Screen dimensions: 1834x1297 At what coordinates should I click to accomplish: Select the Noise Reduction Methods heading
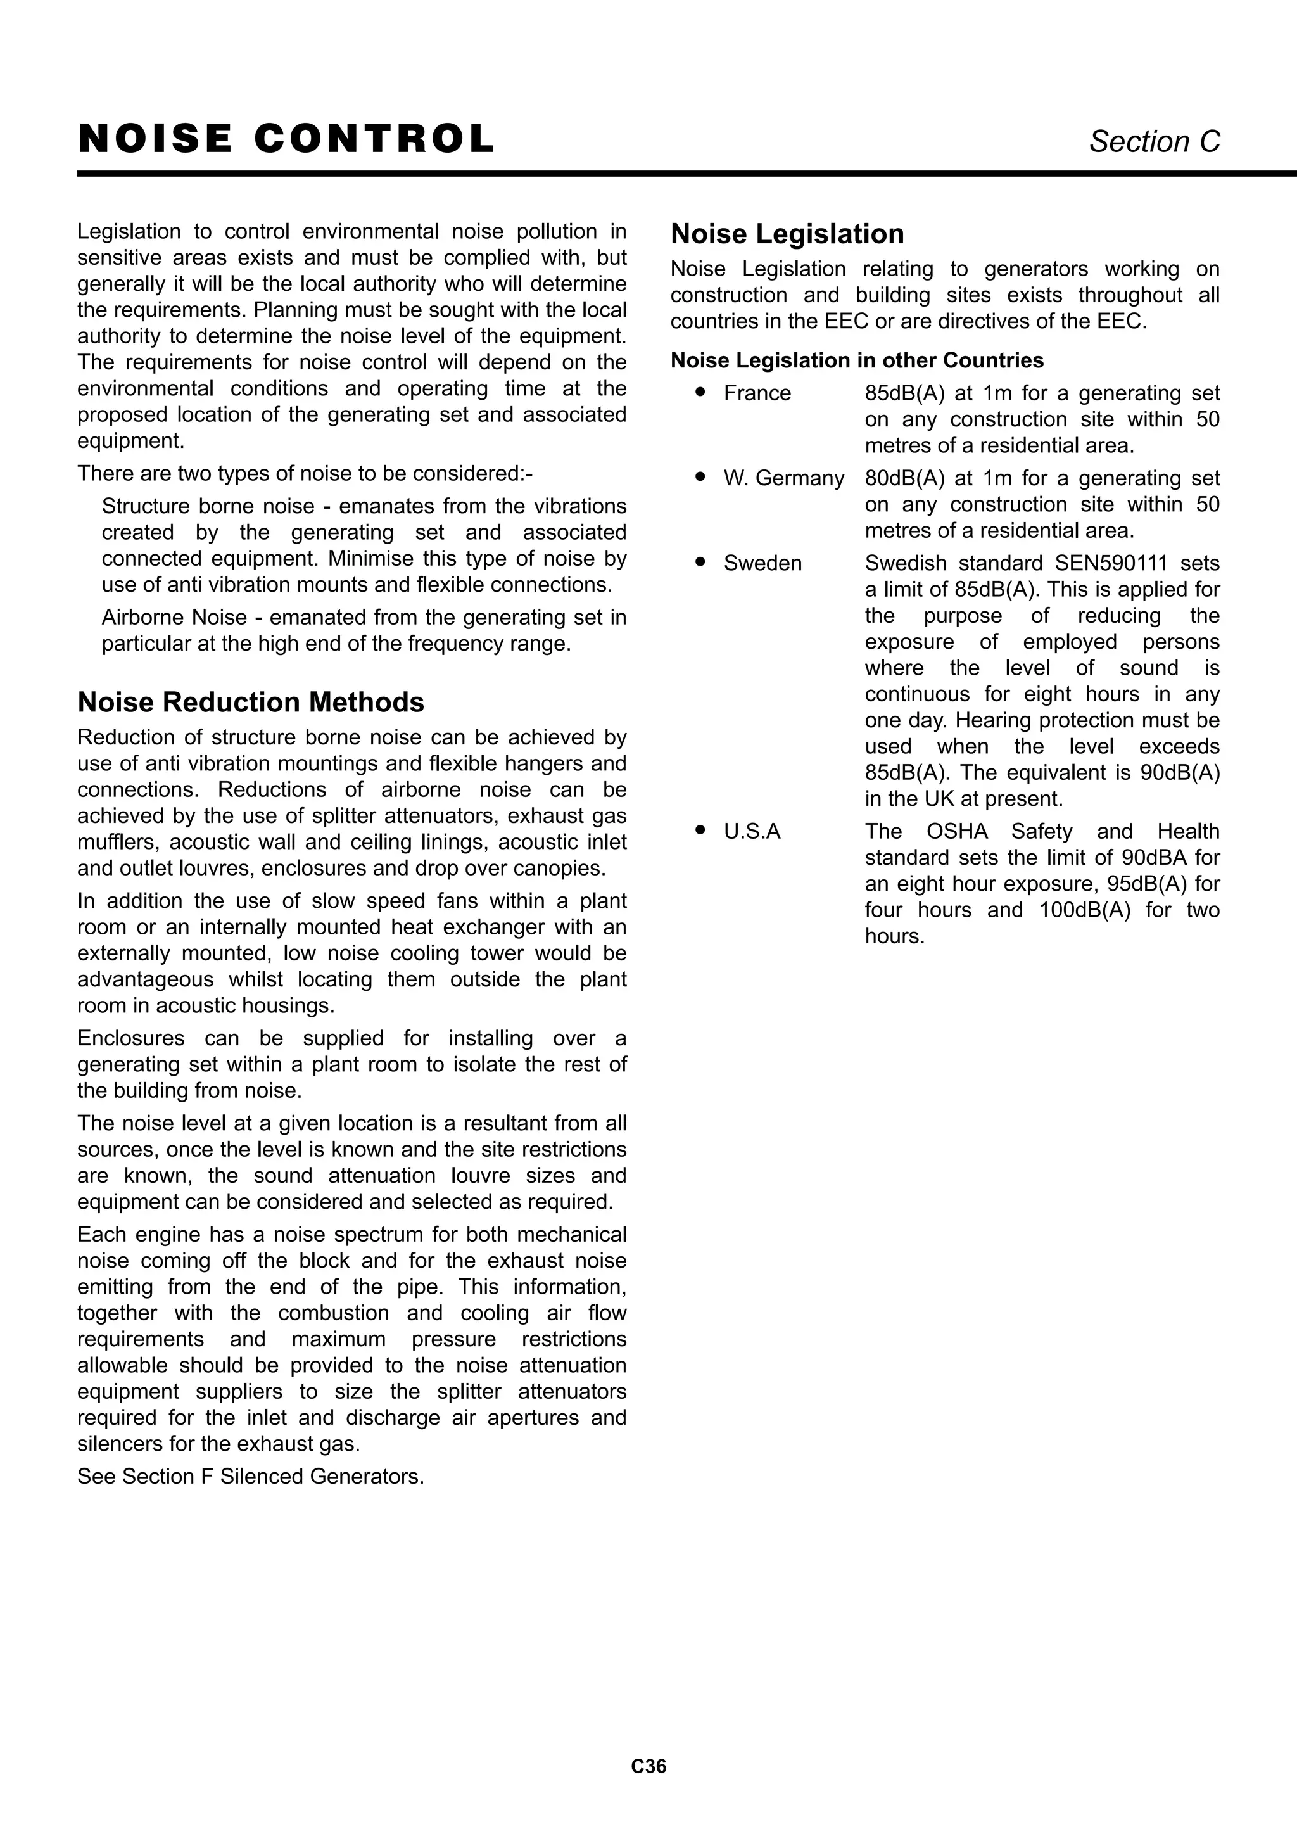(x=251, y=702)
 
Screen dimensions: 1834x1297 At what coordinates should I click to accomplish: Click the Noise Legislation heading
(x=787, y=234)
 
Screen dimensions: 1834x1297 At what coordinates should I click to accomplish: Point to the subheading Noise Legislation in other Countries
(x=856, y=360)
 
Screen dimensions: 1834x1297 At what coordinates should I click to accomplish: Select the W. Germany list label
(x=783, y=478)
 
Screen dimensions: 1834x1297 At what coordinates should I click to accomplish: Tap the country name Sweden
(x=762, y=563)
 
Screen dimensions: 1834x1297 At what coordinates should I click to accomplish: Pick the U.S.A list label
(x=752, y=832)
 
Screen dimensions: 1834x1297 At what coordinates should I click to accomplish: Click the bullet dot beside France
(x=700, y=392)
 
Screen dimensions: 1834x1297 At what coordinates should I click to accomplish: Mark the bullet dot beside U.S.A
(x=700, y=831)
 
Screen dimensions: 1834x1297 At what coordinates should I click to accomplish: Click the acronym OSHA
(x=957, y=832)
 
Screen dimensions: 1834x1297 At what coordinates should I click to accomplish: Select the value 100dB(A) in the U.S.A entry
(x=1085, y=910)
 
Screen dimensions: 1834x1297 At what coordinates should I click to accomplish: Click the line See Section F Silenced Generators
(x=251, y=1476)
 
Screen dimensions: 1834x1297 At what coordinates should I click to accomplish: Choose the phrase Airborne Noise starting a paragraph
(x=174, y=618)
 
